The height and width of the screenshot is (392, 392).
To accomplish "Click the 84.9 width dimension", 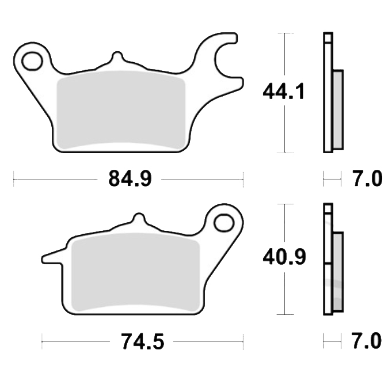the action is (x=130, y=179).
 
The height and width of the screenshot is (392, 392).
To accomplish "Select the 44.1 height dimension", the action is (x=284, y=92).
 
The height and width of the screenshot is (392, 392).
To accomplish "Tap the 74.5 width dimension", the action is (x=143, y=341).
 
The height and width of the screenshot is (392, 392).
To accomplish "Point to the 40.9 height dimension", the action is (x=284, y=257).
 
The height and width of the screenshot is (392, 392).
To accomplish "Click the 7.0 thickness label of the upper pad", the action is (x=368, y=179).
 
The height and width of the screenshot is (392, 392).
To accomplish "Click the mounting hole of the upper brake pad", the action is (x=32, y=61).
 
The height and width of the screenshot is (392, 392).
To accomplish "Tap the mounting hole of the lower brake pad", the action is (x=224, y=223).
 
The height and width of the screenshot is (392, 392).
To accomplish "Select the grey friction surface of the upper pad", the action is (x=121, y=110).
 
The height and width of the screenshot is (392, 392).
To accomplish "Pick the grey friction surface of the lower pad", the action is (x=135, y=272).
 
